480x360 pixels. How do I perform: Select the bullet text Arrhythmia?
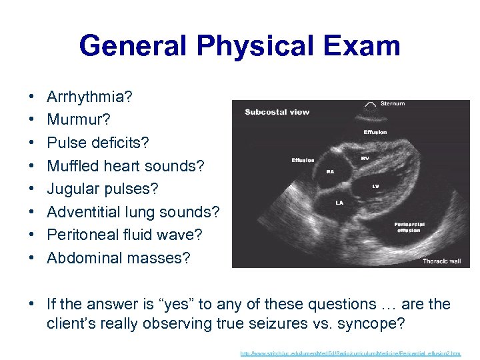click(x=89, y=97)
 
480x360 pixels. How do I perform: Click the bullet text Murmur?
click(x=79, y=121)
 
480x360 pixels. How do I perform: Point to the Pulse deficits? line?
click(x=98, y=143)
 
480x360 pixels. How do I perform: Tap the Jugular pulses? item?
click(x=103, y=189)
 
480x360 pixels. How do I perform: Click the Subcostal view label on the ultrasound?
click(x=277, y=112)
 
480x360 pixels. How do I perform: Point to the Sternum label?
click(x=392, y=104)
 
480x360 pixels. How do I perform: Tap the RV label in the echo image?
click(x=365, y=159)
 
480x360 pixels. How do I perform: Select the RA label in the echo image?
click(x=329, y=171)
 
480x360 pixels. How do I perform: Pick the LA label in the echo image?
click(x=339, y=202)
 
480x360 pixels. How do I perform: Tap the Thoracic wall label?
click(x=441, y=261)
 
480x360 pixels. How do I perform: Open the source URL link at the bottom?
click(x=350, y=353)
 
